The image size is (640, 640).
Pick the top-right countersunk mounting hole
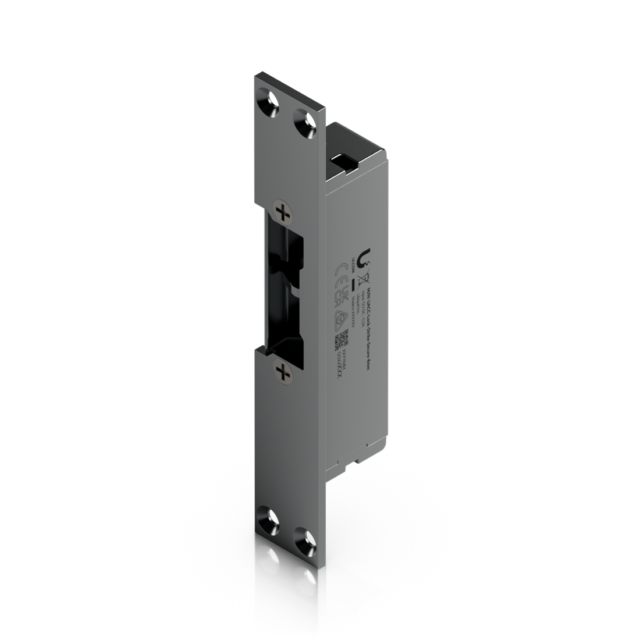(x=303, y=122)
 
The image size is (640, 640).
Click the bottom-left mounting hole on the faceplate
(x=268, y=515)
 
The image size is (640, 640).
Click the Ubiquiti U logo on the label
(x=366, y=256)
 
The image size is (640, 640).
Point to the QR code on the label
(x=343, y=337)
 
